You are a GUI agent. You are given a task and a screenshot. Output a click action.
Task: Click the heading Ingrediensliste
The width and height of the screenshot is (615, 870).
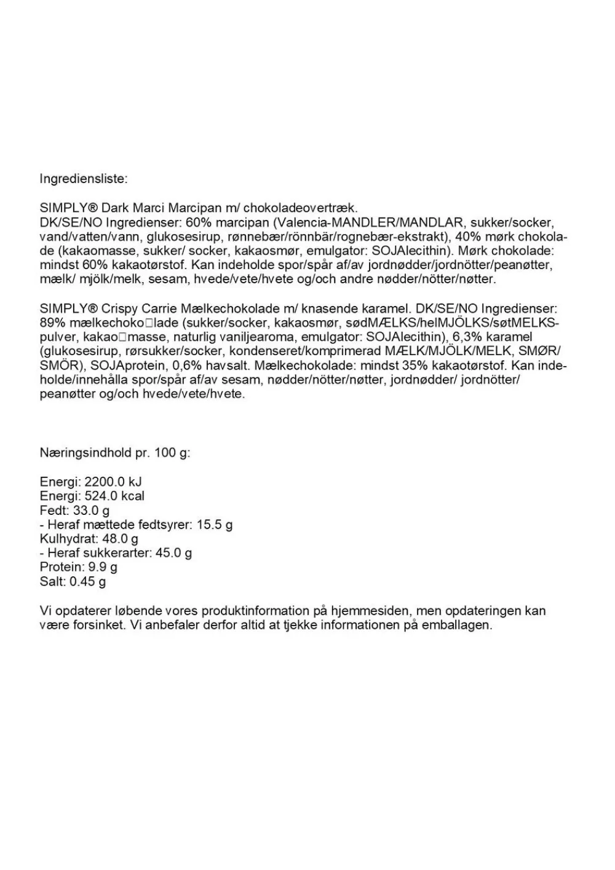pos(84,179)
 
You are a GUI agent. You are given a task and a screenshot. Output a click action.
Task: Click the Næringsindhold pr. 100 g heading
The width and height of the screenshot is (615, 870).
pos(115,453)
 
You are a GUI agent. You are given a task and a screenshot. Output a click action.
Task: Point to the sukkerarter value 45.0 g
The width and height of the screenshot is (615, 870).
pos(173,553)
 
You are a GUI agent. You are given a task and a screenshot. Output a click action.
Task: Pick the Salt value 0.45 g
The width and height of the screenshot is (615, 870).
pos(88,581)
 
